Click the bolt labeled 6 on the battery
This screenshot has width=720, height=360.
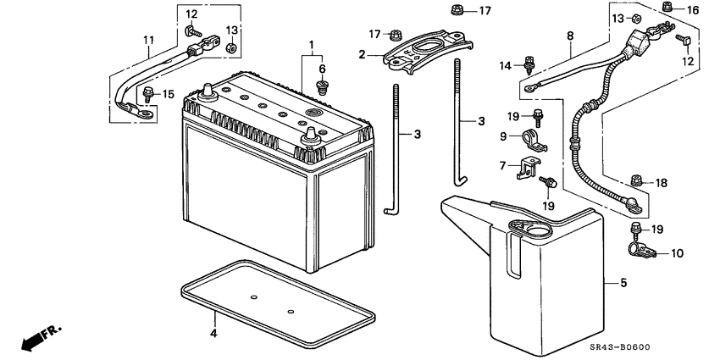[x=322, y=86]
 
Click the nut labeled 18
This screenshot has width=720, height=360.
[x=638, y=180]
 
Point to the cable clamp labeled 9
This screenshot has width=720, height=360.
[x=534, y=138]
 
